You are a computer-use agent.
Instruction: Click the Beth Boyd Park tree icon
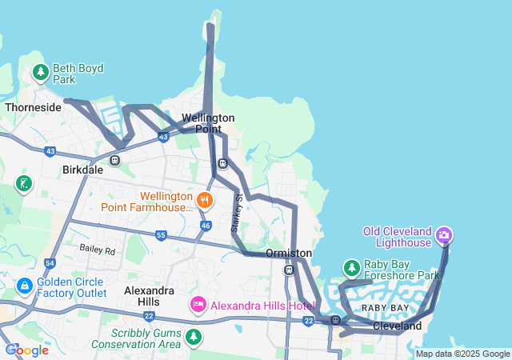pyautogui.click(x=41, y=74)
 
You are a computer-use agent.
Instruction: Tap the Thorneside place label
pyautogui.click(x=33, y=106)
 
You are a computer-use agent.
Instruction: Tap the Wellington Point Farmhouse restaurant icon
pyautogui.click(x=206, y=200)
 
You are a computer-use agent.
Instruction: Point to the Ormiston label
pyautogui.click(x=288, y=253)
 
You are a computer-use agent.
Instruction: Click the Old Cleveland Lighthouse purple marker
pyautogui.click(x=444, y=235)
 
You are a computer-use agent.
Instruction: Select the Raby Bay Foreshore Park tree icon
pyautogui.click(x=351, y=268)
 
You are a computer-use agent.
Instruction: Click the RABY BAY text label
pyautogui.click(x=385, y=308)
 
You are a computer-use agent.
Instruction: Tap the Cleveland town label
pyautogui.click(x=397, y=326)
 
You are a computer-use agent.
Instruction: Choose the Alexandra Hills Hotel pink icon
pyautogui.click(x=198, y=305)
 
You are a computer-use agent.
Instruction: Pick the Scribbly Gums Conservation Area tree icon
pyautogui.click(x=193, y=338)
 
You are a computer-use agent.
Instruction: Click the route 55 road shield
pyautogui.click(x=161, y=235)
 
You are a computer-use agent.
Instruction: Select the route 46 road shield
pyautogui.click(x=206, y=226)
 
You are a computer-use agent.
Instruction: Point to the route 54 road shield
pyautogui.click(x=50, y=262)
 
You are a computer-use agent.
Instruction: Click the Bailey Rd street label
pyautogui.click(x=98, y=250)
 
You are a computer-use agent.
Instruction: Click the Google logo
pyautogui.click(x=28, y=350)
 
